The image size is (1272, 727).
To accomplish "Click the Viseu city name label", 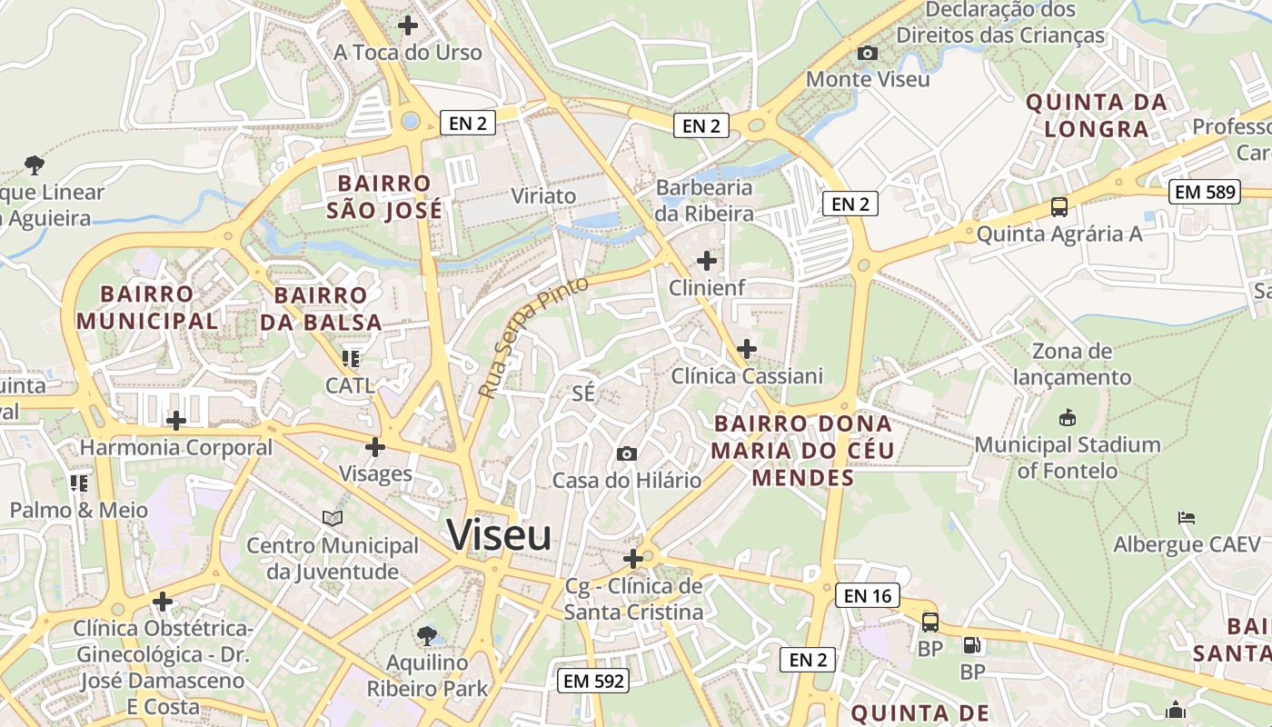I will point(499,534).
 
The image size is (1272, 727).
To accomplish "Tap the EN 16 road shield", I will point(868,595).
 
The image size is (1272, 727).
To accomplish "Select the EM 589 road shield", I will point(1206,192).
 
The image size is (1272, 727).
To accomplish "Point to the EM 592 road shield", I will point(593,680).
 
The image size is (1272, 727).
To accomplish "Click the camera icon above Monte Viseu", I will point(868,53).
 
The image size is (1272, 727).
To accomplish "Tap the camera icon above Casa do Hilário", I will point(626,453).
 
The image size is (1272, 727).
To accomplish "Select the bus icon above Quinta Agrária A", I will point(1058,206).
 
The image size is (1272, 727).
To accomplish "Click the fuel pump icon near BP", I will point(972,646).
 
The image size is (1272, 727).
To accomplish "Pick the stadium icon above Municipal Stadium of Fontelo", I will point(1068,418).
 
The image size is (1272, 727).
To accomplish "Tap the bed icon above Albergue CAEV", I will point(1186,518).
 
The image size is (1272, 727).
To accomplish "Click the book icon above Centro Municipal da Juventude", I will point(333,519).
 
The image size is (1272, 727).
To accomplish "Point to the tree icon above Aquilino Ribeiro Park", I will point(426,635).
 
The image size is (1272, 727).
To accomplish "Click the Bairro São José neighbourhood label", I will point(389,196).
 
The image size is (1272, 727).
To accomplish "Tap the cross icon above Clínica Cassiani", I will point(746,349).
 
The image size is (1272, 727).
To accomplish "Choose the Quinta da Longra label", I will point(1097,115).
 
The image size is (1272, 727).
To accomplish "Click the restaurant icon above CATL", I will point(350,359).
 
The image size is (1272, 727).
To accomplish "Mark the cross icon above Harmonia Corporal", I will point(176,421).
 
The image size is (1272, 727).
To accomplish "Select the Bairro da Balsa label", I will point(321,308).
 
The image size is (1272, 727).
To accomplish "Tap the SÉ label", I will point(583,393).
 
